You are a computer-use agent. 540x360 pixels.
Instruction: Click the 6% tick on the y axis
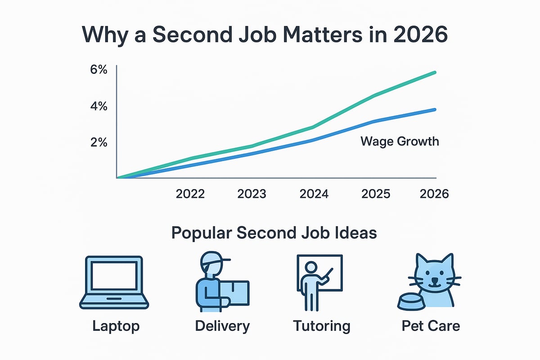coord(99,71)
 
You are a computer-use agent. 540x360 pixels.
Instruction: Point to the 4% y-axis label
coord(99,107)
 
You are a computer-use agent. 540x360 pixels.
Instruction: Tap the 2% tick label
coord(99,142)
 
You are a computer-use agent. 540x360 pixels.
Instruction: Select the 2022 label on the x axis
coord(190,194)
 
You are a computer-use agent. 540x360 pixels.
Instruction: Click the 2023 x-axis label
coord(251,194)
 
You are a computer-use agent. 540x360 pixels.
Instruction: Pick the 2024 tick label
coord(314,194)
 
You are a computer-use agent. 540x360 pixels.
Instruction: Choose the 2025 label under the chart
coord(376,194)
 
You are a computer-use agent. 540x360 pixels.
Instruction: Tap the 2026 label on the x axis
coord(434,194)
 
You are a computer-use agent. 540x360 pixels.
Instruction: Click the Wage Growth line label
coord(400,141)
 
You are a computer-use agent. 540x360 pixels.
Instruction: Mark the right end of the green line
coord(435,72)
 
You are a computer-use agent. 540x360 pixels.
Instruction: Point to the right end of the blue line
coord(435,109)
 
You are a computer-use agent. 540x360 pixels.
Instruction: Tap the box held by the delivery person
coord(234,295)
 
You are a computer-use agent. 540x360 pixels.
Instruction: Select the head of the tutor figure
coord(310,267)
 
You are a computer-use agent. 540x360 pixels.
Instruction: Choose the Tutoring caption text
coord(321,325)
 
